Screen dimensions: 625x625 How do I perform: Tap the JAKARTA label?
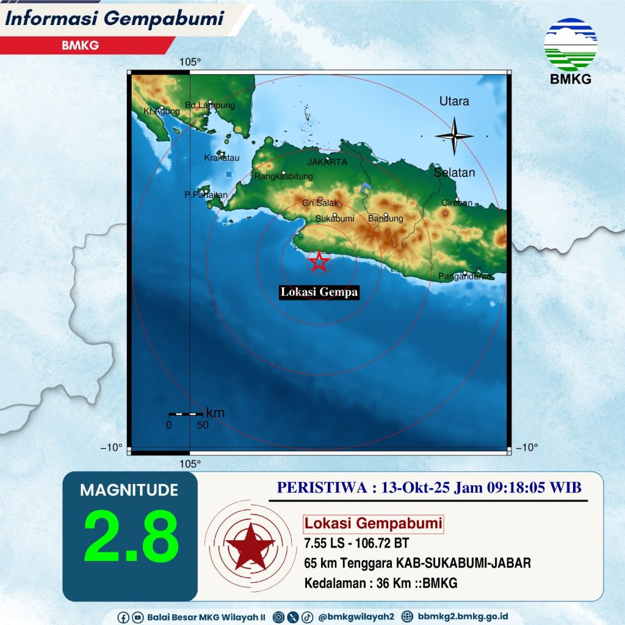[327, 162]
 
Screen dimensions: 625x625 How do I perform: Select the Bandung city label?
[386, 219]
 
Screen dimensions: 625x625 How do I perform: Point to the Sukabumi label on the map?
[335, 219]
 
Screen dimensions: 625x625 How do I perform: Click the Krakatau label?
[222, 158]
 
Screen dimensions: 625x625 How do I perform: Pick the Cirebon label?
[457, 203]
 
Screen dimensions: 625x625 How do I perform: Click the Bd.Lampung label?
[209, 106]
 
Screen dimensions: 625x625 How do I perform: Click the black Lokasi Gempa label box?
[319, 293]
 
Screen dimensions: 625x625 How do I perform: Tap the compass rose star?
[454, 135]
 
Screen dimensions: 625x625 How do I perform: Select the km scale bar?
[186, 414]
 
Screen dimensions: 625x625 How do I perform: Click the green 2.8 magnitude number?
[131, 535]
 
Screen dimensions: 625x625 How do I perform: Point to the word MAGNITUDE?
[129, 490]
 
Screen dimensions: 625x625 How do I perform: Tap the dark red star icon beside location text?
[249, 543]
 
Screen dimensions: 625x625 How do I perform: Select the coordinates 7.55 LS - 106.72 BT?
[356, 543]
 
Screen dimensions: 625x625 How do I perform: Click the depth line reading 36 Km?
[381, 583]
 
